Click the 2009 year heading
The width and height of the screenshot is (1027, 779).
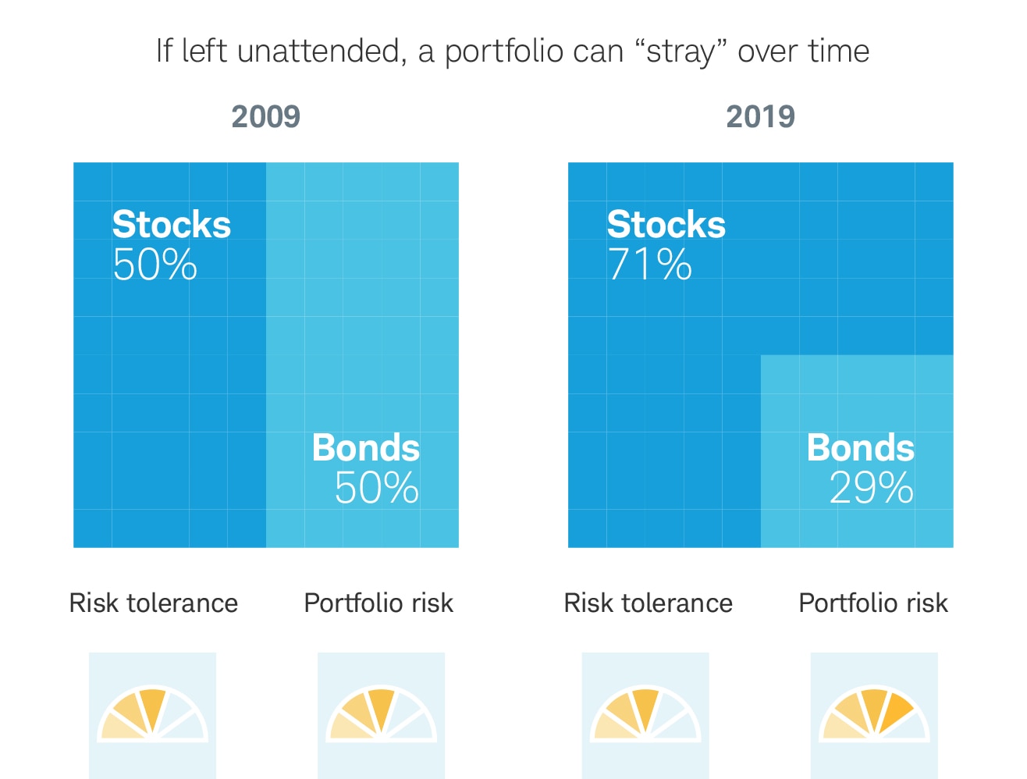(265, 117)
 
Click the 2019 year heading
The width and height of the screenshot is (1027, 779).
(760, 117)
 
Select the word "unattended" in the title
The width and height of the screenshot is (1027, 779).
(322, 52)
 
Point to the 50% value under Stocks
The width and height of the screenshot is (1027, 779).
(155, 265)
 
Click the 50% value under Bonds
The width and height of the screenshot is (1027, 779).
(376, 489)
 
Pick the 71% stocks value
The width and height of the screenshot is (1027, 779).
(649, 265)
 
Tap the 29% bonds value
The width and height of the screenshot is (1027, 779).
(871, 489)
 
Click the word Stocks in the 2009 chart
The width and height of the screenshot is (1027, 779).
(172, 225)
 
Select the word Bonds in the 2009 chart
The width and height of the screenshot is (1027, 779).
(366, 448)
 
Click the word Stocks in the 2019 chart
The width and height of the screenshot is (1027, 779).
(666, 225)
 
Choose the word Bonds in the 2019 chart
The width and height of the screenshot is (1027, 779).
(861, 448)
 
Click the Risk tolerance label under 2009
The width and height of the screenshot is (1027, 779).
(154, 603)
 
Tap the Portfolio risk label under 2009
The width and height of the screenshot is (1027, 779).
(378, 603)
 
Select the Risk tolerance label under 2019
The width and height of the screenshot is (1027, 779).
(649, 603)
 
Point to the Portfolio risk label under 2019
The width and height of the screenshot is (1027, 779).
(873, 603)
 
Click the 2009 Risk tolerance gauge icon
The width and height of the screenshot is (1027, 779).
(152, 715)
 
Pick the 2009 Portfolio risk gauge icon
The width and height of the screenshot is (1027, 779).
(381, 715)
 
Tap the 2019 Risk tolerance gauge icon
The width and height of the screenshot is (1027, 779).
(645, 715)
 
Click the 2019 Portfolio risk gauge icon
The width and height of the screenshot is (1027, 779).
(874, 715)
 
